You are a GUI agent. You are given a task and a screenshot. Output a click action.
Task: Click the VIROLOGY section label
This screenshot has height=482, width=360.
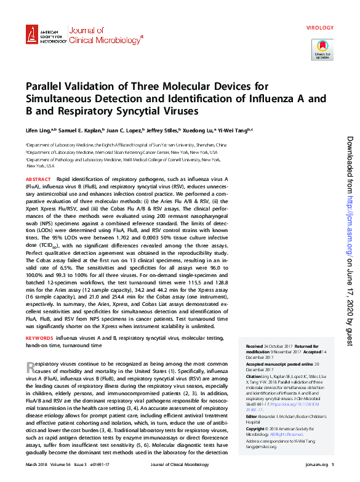[x=319, y=28]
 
